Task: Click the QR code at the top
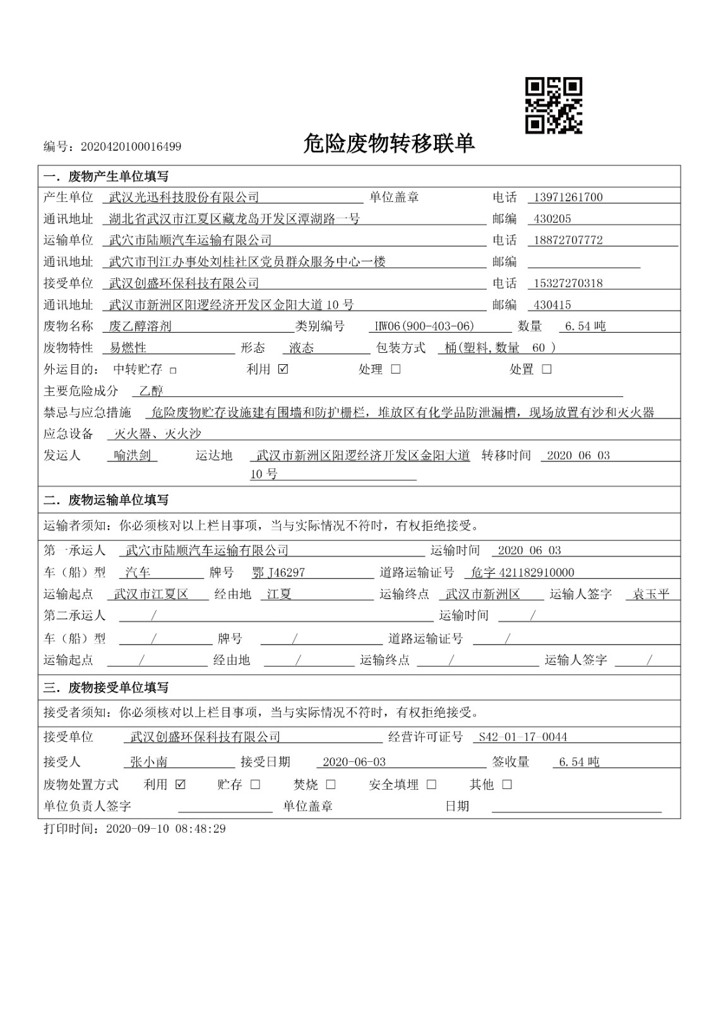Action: coord(554,105)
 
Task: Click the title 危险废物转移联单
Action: coord(388,145)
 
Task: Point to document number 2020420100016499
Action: coord(131,147)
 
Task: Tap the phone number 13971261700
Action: coord(568,198)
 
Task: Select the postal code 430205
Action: coord(552,219)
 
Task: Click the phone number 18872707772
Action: coord(568,241)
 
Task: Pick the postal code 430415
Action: coord(552,305)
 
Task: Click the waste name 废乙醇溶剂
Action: coord(140,326)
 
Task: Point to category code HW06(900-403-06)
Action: coord(424,326)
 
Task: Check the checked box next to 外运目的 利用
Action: coord(283,369)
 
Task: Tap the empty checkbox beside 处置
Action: coord(547,369)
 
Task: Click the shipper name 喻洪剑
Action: coord(132,455)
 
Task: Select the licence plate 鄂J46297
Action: coord(278,573)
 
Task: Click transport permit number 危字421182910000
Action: coord(523,573)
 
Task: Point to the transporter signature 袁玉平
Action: coord(651,594)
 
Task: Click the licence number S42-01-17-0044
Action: coord(523,737)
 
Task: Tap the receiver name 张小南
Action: coord(149,762)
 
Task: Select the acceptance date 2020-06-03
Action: coord(354,762)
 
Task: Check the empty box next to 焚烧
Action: coord(331,785)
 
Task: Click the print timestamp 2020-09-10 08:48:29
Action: coord(166,828)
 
